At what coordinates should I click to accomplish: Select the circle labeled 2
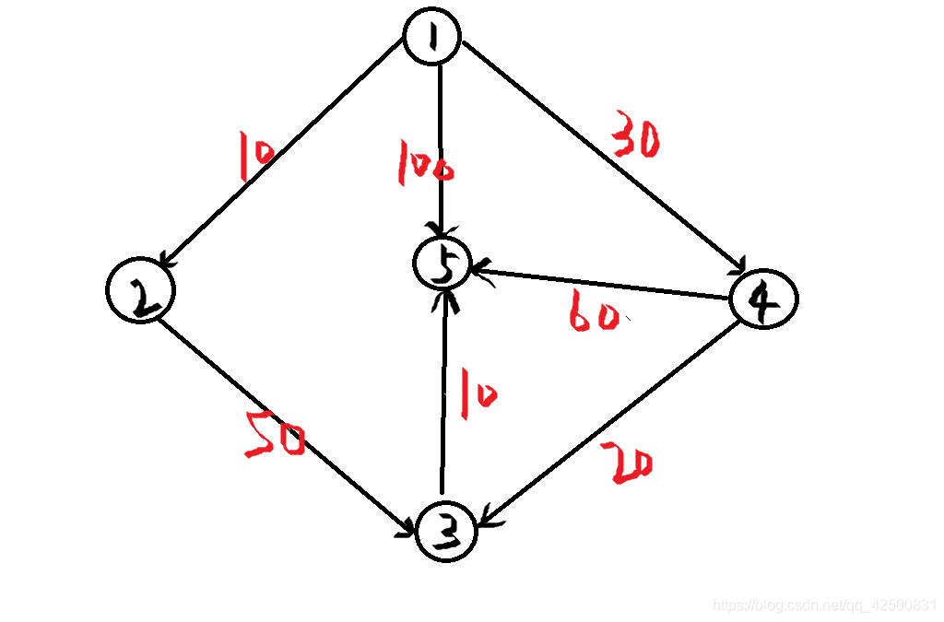coord(140,289)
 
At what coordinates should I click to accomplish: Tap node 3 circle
coord(446,532)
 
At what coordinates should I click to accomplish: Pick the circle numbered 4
coord(763,299)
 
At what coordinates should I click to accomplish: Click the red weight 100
coord(424,164)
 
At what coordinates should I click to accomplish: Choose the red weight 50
coord(275,436)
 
